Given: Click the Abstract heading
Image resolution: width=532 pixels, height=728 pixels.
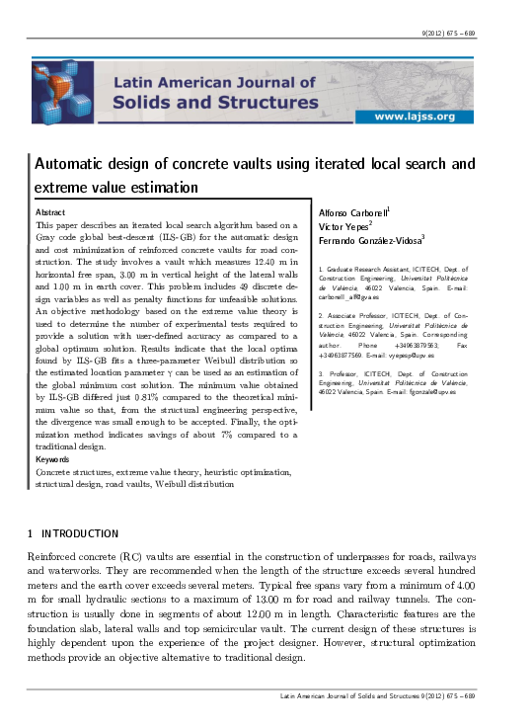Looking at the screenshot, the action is point(50,212).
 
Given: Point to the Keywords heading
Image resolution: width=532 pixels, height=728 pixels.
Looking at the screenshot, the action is point(53,460).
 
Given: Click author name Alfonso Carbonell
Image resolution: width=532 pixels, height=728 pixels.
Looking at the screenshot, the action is point(352,213).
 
